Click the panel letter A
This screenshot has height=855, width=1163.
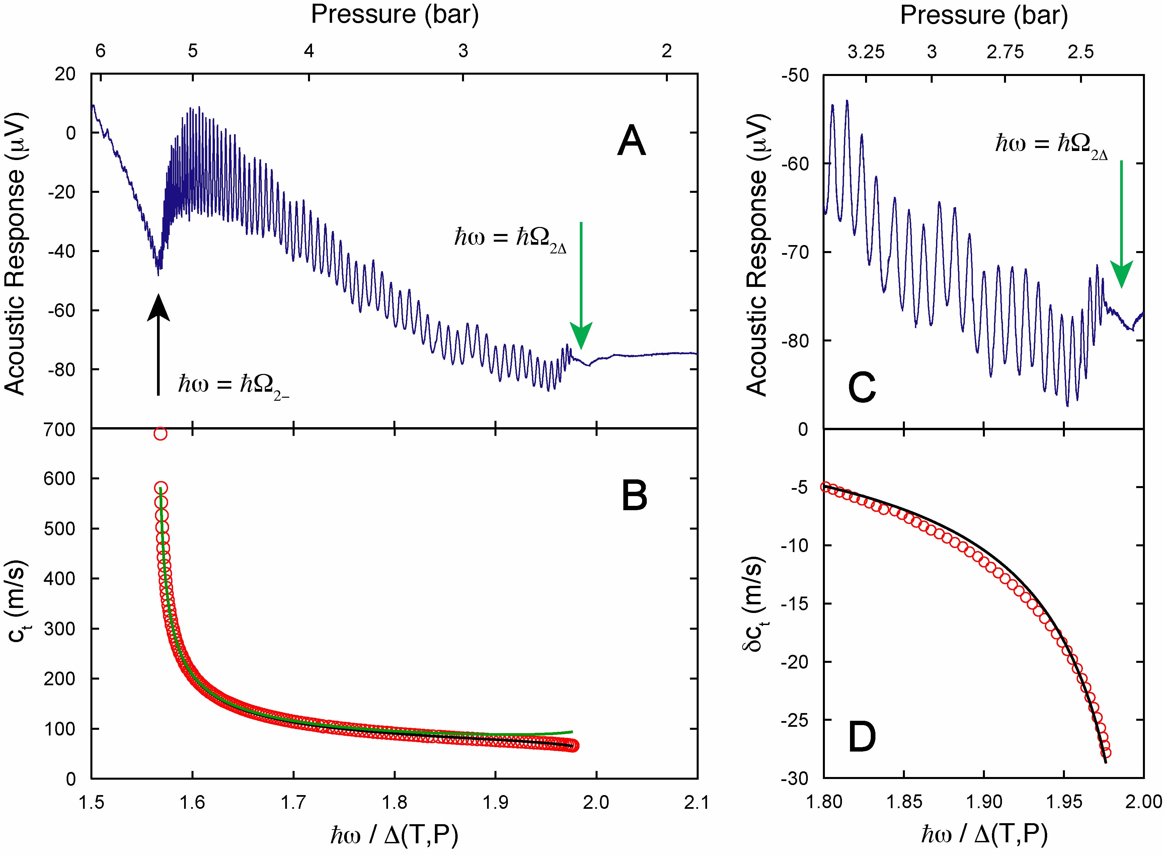(x=631, y=142)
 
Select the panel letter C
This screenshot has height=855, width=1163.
(x=862, y=388)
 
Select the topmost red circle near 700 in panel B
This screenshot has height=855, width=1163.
(x=160, y=434)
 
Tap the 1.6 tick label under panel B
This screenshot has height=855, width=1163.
(x=192, y=803)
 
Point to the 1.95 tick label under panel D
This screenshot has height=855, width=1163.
(x=1064, y=803)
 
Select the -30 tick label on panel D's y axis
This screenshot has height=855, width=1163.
(x=797, y=778)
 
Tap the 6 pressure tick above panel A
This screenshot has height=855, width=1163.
(x=100, y=51)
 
